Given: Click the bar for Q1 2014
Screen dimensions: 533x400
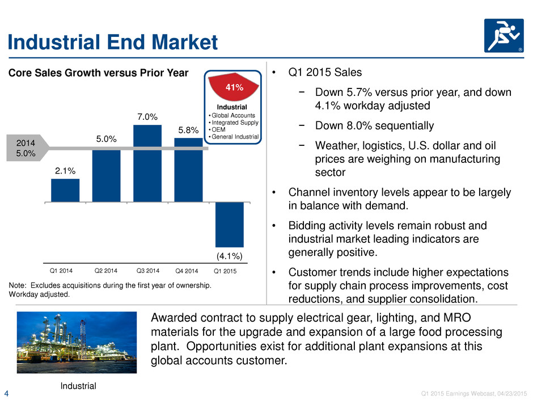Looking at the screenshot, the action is point(65,191).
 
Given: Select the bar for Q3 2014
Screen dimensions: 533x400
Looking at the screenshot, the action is point(147,163).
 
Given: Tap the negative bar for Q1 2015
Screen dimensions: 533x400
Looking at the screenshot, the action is point(230,225).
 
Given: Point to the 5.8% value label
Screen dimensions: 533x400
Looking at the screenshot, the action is point(188,130).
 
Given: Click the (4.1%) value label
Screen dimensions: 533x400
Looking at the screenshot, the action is point(230,256).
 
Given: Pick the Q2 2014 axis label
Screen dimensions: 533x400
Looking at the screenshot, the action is point(105,271).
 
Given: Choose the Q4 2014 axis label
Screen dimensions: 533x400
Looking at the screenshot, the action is point(187,271).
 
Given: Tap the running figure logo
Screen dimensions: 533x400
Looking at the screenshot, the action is point(504,36).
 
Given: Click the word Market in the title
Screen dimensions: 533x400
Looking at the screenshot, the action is point(184,42).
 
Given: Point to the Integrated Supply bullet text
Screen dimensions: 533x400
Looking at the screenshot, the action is point(235,123).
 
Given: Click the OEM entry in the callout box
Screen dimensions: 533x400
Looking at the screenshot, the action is point(218,129).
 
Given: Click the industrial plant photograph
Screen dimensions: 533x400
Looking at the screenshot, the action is point(77,342).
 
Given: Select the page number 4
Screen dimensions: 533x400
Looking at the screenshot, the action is point(6,394).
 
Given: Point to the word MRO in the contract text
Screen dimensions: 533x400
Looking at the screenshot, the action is point(457,318).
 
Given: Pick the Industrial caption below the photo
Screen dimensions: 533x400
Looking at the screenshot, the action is point(78,386).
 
